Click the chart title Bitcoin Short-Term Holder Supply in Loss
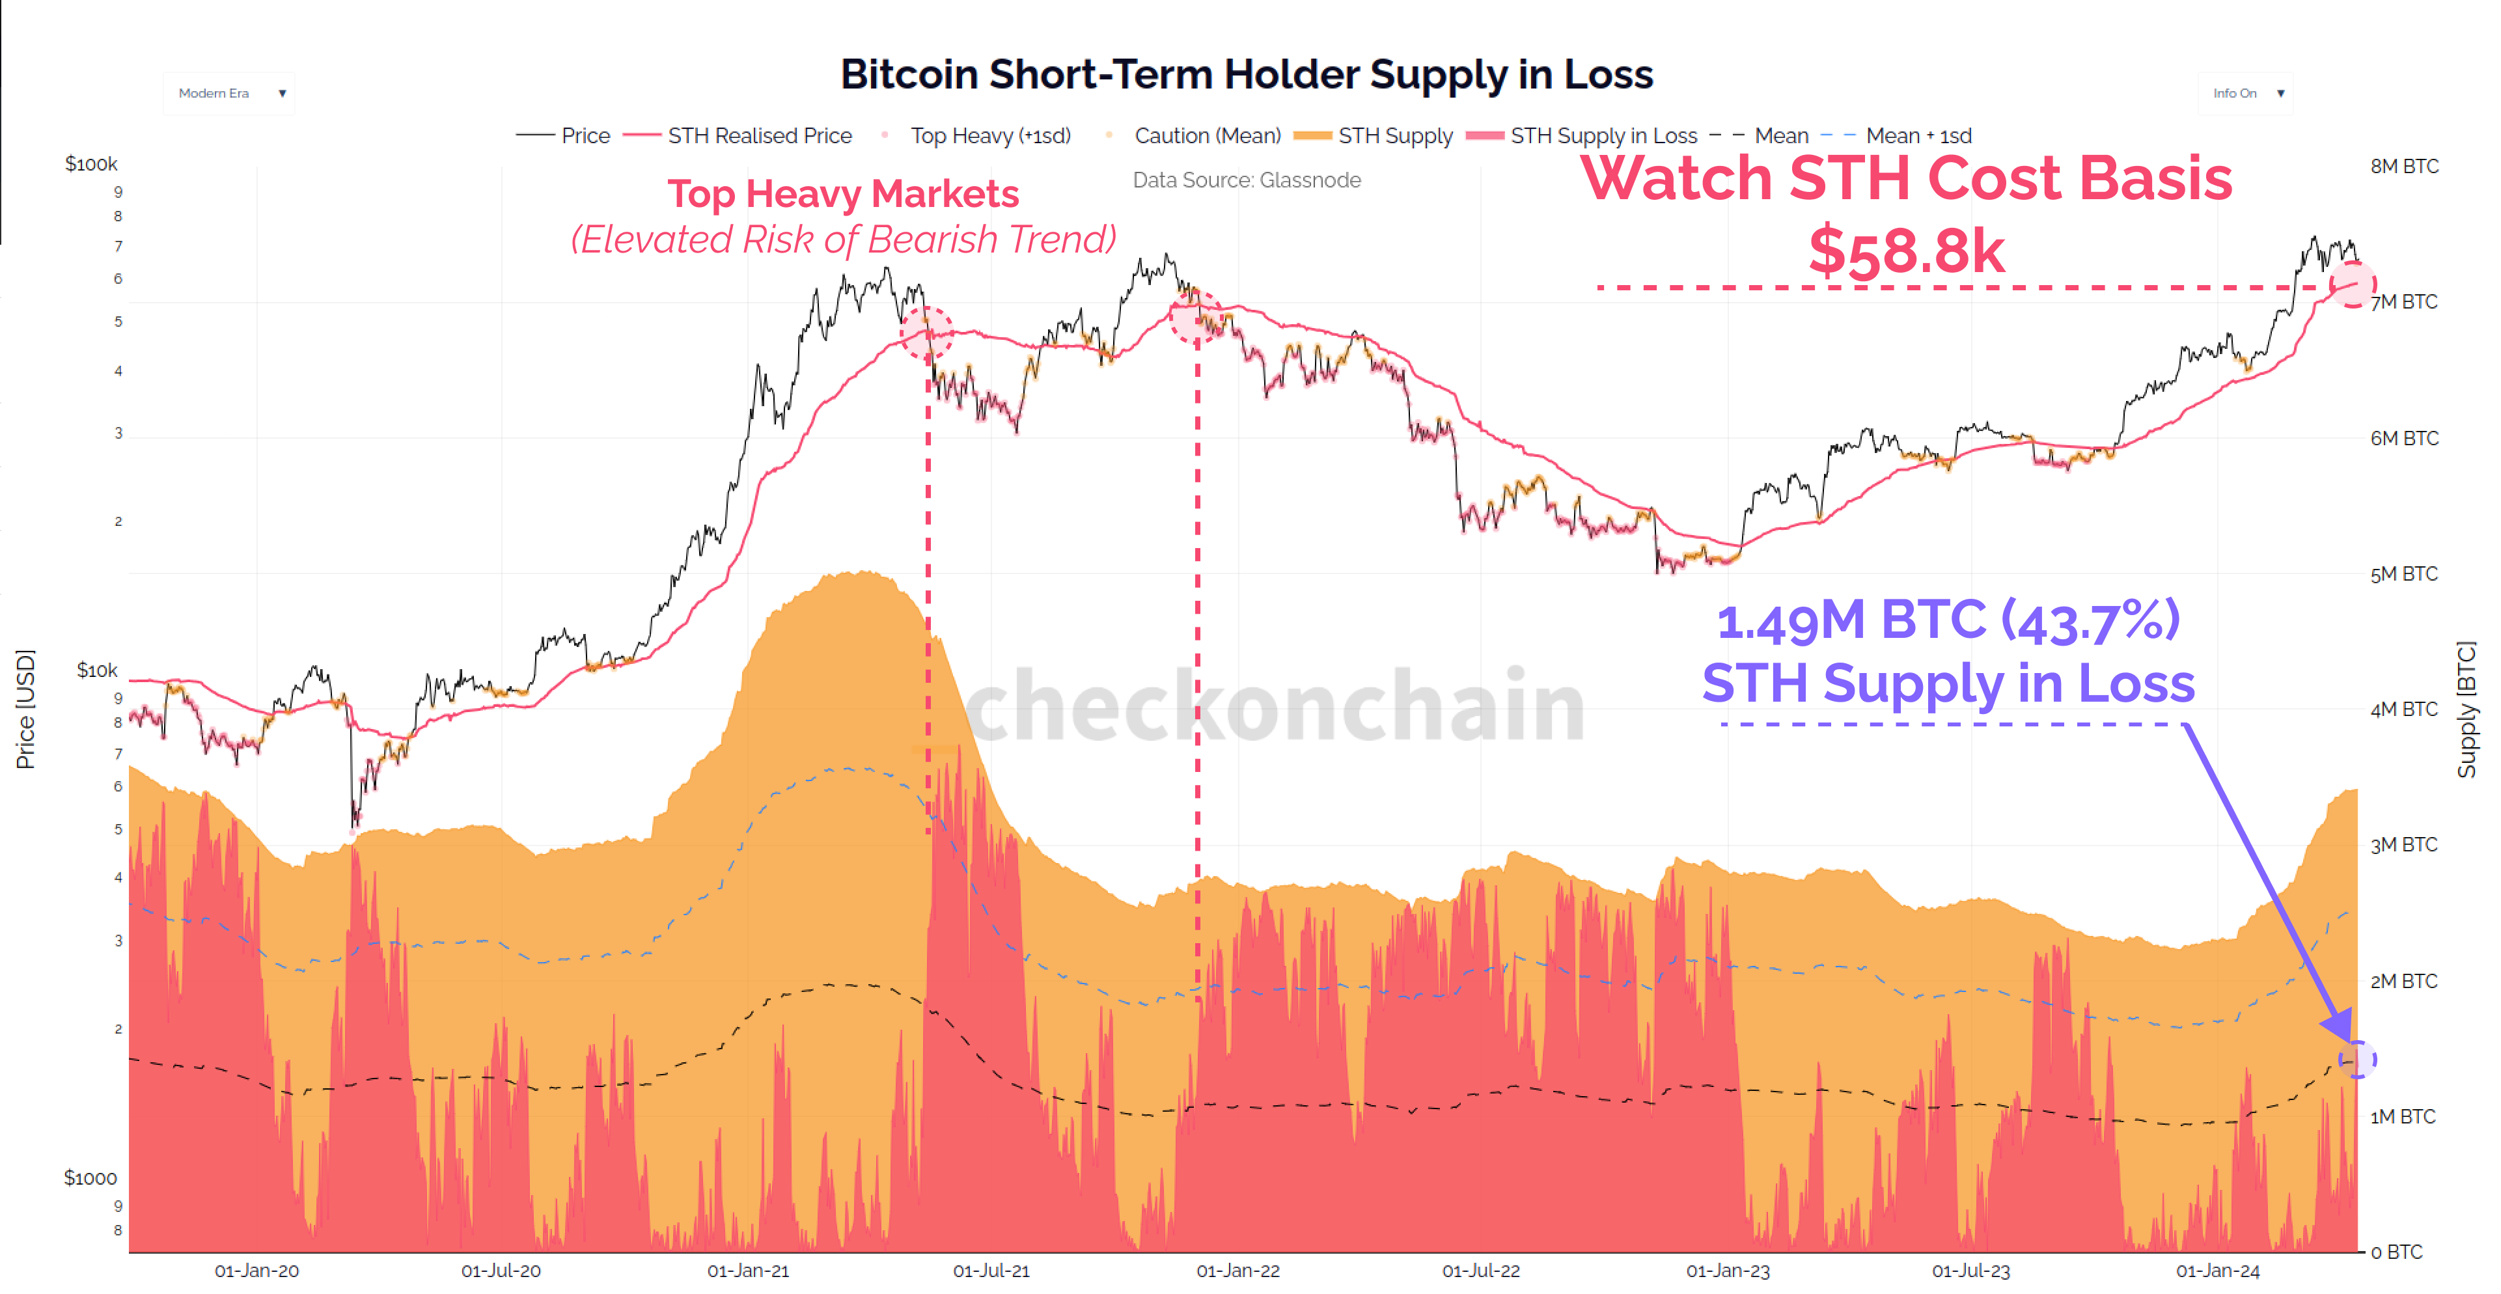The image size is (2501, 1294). [1246, 75]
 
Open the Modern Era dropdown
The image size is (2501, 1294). [229, 93]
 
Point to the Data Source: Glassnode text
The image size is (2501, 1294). [1246, 180]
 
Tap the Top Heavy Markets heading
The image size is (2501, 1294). [843, 194]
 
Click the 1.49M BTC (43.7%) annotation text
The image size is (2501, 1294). [1948, 621]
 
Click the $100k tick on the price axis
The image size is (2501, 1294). [91, 164]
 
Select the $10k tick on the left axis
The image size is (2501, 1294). [97, 671]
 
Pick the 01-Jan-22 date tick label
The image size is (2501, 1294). [1238, 1271]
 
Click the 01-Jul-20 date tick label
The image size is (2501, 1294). [501, 1271]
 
